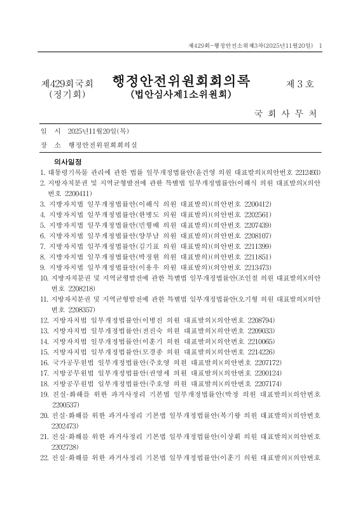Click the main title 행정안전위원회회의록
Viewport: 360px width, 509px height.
coord(181,81)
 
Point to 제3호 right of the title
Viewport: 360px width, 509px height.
coord(300,83)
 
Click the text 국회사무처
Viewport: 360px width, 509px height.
coord(284,115)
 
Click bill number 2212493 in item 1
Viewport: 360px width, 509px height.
coord(305,172)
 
